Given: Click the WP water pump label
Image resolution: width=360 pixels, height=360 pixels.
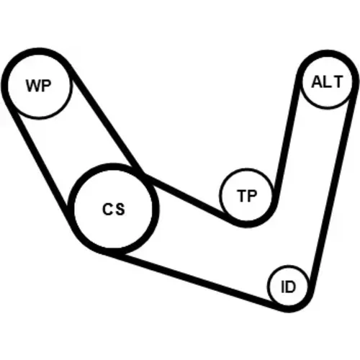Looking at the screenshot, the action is tap(39, 86).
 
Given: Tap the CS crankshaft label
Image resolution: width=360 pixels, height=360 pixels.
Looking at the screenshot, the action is tap(114, 209).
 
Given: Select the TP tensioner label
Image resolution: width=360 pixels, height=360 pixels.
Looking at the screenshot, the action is tap(247, 196).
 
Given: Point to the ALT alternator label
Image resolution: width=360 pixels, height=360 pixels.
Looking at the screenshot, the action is tap(327, 82).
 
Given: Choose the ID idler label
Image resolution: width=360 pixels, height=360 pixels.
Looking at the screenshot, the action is tap(288, 287).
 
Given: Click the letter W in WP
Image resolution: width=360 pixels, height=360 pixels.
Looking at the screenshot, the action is tap(33, 86).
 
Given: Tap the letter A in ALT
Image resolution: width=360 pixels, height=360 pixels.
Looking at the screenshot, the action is tap(317, 82).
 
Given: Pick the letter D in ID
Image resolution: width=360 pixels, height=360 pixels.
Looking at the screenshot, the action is tap(291, 287).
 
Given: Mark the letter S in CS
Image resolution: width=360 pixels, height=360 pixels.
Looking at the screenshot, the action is tap(120, 210).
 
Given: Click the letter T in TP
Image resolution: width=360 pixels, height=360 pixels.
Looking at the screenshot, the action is tap(242, 196).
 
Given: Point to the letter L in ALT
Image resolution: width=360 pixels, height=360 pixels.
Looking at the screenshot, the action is tap(327, 82).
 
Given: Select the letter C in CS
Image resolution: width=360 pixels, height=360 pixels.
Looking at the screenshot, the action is tap(107, 209).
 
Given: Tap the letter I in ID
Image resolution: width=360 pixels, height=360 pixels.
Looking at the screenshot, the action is tap(283, 287).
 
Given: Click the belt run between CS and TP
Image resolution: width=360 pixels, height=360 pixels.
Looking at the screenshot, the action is tap(186, 197).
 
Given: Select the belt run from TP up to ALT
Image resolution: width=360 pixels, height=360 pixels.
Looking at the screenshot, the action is tap(287, 139).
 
